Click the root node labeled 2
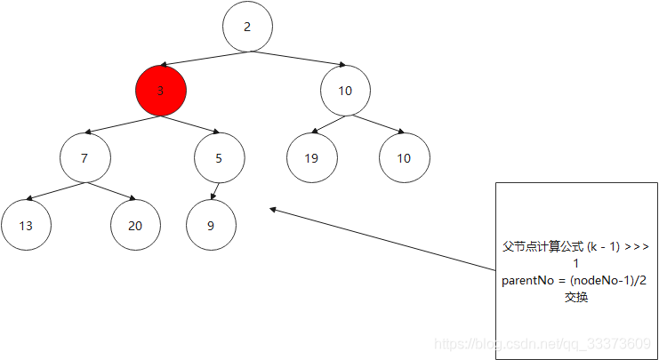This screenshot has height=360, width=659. tap(247, 27)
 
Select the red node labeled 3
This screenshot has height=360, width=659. tap(161, 91)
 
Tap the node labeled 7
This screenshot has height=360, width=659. tap(85, 158)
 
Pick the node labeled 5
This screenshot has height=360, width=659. tap(220, 158)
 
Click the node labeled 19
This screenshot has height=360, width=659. tap(311, 159)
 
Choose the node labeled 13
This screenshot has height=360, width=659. tap(26, 225)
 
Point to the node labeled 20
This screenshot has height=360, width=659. tap(135, 225)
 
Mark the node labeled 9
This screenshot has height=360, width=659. tap(211, 225)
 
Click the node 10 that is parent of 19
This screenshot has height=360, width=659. tap(345, 91)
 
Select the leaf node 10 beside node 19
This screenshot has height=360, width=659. tap(404, 159)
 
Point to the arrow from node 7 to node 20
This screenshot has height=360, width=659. tap(111, 191)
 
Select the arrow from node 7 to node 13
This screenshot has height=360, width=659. tap(55, 191)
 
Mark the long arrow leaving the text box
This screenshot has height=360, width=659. tap(382, 239)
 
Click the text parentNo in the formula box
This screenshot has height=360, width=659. tap(527, 281)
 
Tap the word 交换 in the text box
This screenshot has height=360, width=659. tap(575, 297)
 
